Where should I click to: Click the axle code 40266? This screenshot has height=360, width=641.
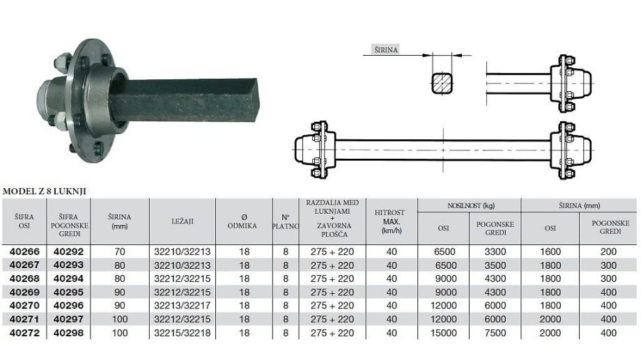click(x=24, y=251)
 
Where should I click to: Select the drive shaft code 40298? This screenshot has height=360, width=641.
click(x=68, y=333)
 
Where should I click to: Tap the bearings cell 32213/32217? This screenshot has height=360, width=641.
click(x=183, y=306)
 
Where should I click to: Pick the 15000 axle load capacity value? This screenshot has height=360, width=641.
click(x=444, y=333)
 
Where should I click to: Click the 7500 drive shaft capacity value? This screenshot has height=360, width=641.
click(x=495, y=333)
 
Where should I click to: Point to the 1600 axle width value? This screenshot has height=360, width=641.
click(x=550, y=251)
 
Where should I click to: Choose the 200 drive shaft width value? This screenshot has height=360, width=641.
click(x=608, y=251)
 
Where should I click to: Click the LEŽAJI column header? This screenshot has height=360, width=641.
click(x=183, y=221)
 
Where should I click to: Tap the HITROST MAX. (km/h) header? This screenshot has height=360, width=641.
click(x=389, y=221)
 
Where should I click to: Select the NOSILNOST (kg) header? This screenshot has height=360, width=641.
click(x=470, y=205)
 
